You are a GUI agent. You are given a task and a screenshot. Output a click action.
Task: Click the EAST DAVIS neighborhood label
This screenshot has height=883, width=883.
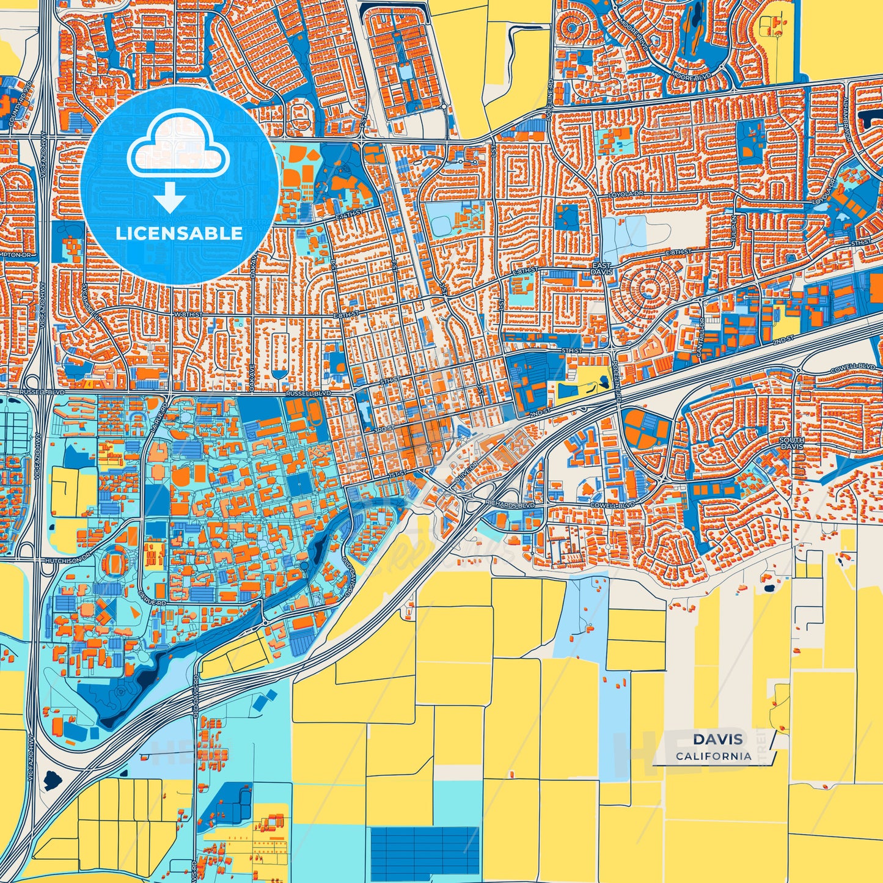[x=601, y=268]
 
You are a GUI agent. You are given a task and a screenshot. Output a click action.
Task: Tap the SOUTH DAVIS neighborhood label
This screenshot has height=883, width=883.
[x=791, y=443]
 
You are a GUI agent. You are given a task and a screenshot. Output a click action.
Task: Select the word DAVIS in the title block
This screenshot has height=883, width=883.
[x=717, y=739]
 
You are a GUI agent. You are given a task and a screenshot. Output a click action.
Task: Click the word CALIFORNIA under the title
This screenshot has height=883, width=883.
[x=713, y=756]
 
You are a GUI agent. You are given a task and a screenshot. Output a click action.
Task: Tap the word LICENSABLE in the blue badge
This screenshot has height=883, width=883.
[x=179, y=233]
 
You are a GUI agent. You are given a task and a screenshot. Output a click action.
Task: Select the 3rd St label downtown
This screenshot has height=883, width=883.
[x=383, y=430]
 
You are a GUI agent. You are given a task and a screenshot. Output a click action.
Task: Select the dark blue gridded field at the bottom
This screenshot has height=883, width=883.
[x=424, y=850]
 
